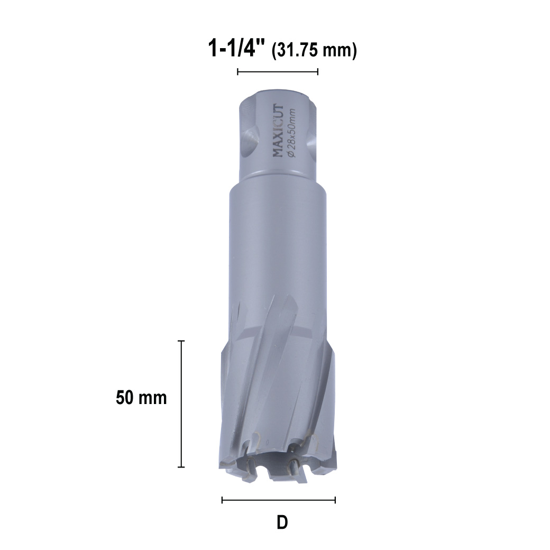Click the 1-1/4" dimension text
tap(236, 48)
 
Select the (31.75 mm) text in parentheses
tap(314, 50)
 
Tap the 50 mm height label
tap(141, 397)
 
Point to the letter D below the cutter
tap(282, 522)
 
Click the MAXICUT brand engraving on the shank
tap(278, 131)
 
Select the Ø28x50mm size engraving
tap(292, 133)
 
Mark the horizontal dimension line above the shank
tap(278, 72)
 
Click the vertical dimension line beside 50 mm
tap(181, 404)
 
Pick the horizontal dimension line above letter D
tap(279, 500)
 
